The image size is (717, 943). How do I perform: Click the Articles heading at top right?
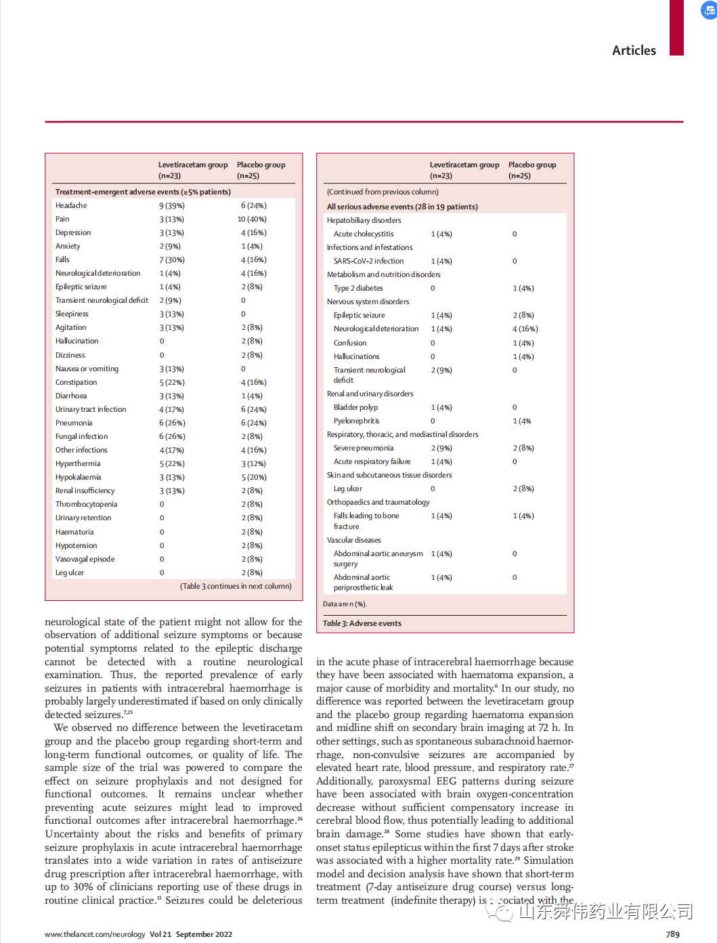634,51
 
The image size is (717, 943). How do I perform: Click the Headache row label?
71,205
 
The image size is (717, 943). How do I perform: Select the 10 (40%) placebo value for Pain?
252,219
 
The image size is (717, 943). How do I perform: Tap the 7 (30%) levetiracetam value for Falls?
172,259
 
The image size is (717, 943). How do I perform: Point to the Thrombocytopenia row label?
86,504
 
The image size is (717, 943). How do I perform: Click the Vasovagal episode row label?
85,559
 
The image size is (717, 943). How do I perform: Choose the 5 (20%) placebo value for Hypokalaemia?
254,477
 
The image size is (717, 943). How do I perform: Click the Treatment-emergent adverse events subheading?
143,192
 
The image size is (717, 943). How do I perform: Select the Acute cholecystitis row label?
364,234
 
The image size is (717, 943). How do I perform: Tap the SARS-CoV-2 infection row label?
368,261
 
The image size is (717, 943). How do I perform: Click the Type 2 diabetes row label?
358,288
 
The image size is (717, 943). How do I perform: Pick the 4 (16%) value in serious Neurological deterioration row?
525,329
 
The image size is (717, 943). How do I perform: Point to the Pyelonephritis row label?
356,421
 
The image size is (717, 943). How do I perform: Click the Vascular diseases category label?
353,540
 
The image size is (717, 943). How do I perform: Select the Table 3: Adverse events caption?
362,623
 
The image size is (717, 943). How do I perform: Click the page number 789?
672,934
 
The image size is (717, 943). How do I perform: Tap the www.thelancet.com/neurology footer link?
95,934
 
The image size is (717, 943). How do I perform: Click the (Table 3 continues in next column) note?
236,586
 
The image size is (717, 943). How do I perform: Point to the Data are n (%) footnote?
345,604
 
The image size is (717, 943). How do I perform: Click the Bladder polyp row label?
355,407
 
